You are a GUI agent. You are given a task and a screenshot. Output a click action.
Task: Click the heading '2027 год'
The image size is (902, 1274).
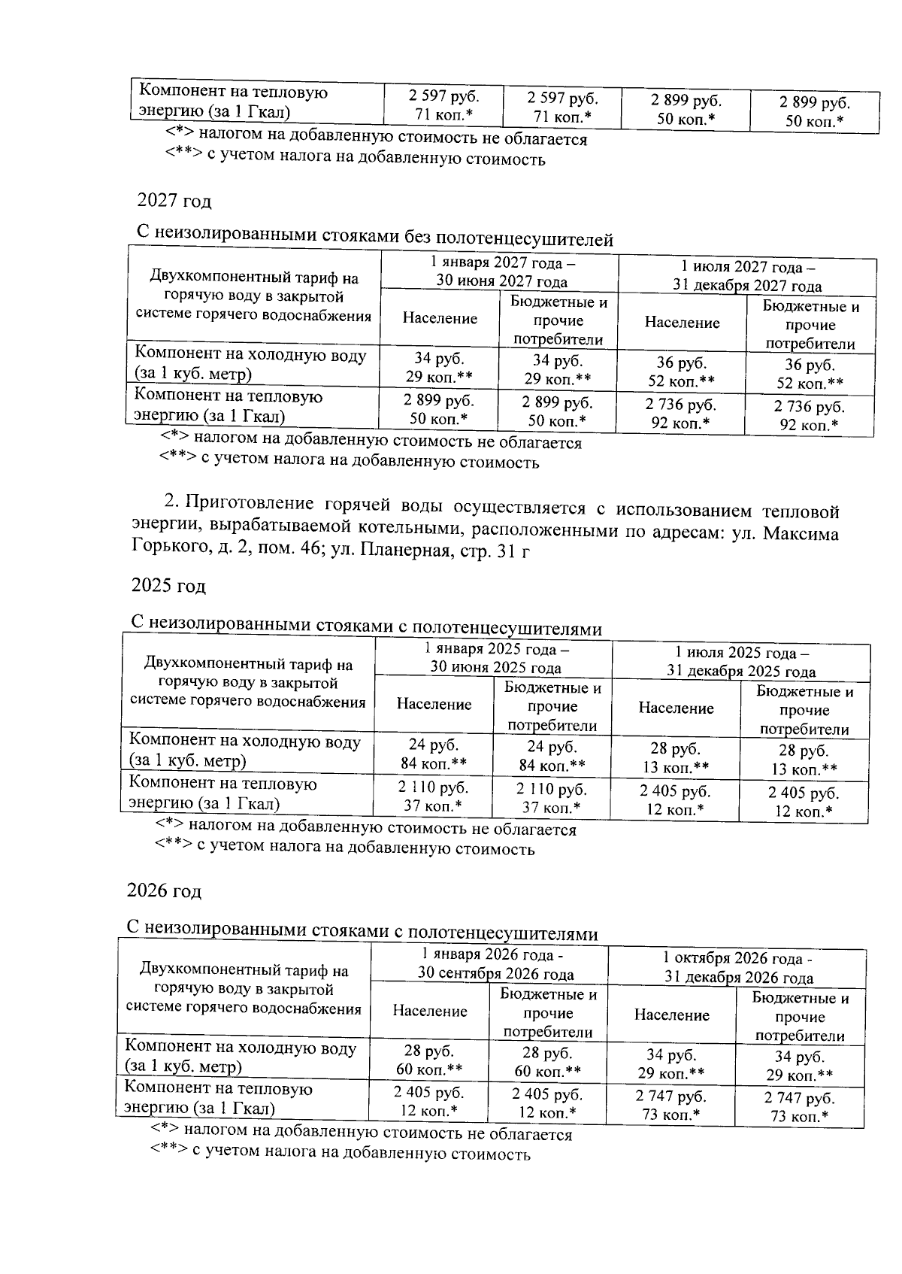click(174, 202)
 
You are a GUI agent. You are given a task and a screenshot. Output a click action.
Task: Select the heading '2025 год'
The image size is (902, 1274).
click(168, 586)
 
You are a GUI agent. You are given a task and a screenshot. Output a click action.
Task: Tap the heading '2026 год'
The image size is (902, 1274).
click(164, 891)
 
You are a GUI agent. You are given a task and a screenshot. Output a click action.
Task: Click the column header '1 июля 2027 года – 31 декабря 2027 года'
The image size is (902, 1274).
click(747, 277)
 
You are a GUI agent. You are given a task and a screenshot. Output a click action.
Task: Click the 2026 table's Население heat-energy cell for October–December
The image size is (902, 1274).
click(670, 1106)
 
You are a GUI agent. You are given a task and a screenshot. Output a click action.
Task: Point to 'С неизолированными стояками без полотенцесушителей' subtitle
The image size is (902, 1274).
click(374, 238)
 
